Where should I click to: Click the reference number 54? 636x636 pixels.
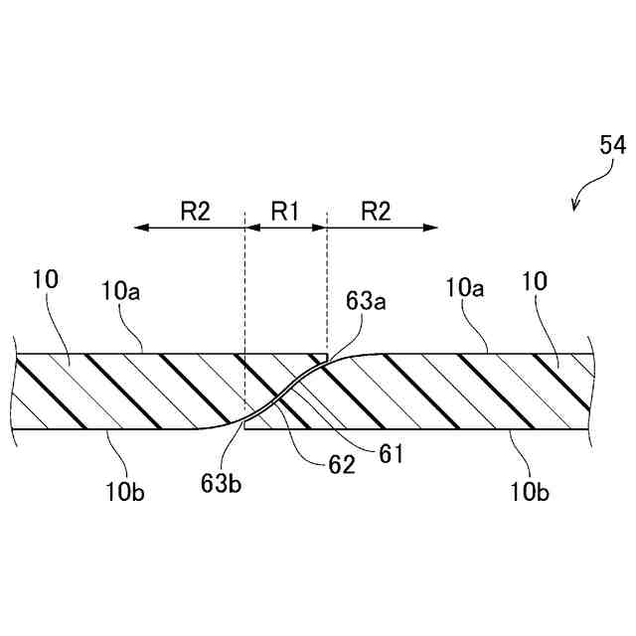click(x=612, y=146)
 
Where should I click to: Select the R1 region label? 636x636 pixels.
click(x=285, y=211)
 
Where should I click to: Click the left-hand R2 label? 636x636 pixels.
click(x=195, y=211)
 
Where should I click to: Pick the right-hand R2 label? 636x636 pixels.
click(x=375, y=211)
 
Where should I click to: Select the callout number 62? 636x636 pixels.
click(x=341, y=465)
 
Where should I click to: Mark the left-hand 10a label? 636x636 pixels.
click(x=121, y=290)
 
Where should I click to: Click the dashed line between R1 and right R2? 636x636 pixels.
click(x=327, y=288)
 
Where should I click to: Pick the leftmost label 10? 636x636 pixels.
click(x=46, y=281)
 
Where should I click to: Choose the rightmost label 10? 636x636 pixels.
click(x=535, y=281)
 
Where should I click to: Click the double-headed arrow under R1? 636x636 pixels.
click(x=286, y=228)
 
